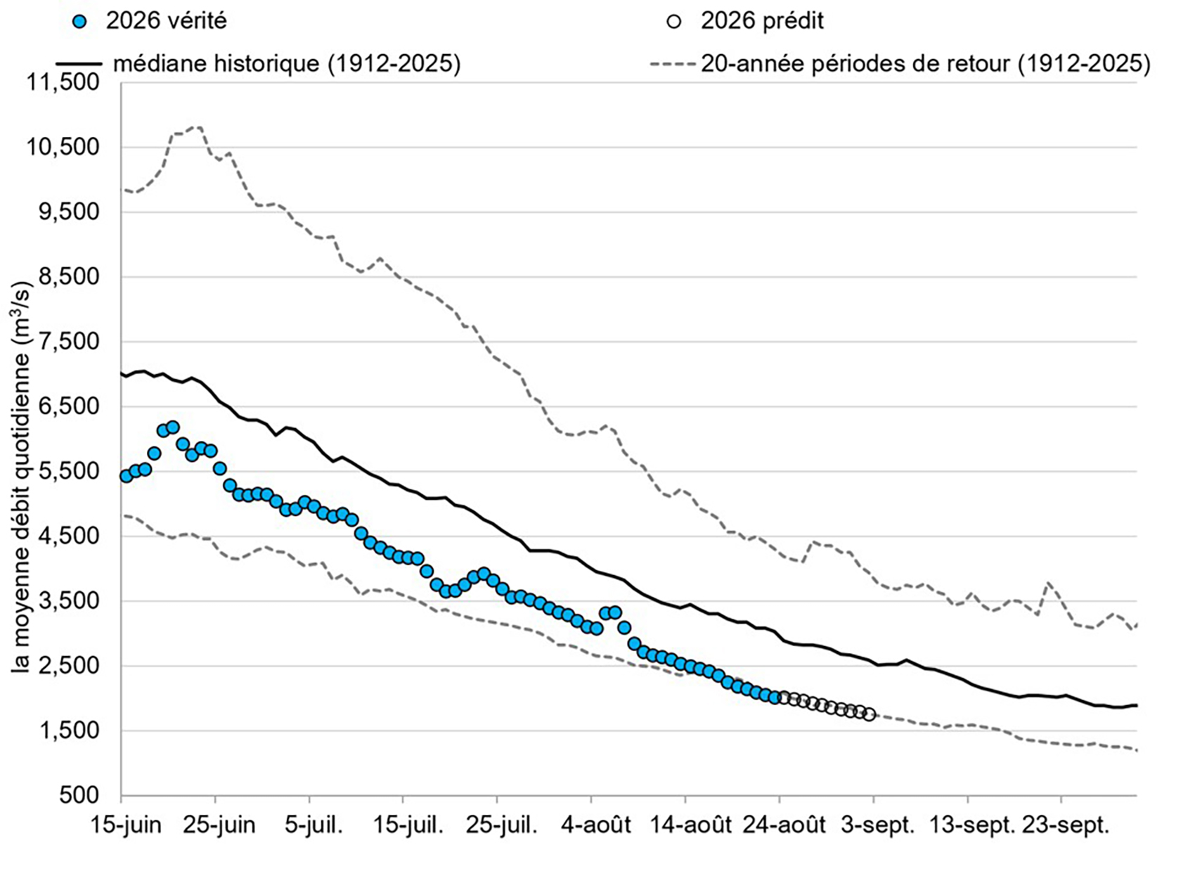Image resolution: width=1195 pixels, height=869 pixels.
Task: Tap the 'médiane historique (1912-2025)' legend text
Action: click(287, 64)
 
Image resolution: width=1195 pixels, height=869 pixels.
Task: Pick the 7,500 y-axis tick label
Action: click(70, 342)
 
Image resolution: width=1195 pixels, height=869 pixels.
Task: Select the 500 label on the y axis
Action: click(79, 795)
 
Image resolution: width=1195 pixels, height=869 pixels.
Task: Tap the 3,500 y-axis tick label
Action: click(70, 601)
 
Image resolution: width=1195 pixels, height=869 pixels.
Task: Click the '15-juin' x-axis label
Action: click(125, 825)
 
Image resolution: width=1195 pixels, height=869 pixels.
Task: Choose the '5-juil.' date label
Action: click(314, 825)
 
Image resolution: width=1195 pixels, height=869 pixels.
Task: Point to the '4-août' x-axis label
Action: click(595, 825)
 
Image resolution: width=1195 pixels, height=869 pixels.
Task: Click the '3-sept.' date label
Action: click(877, 825)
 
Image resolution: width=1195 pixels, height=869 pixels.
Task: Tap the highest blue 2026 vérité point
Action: click(172, 427)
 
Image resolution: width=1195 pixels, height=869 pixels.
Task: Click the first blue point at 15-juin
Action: click(126, 476)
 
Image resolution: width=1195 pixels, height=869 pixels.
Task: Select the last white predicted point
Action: click(869, 715)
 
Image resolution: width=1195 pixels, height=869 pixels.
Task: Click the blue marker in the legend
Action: click(80, 22)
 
